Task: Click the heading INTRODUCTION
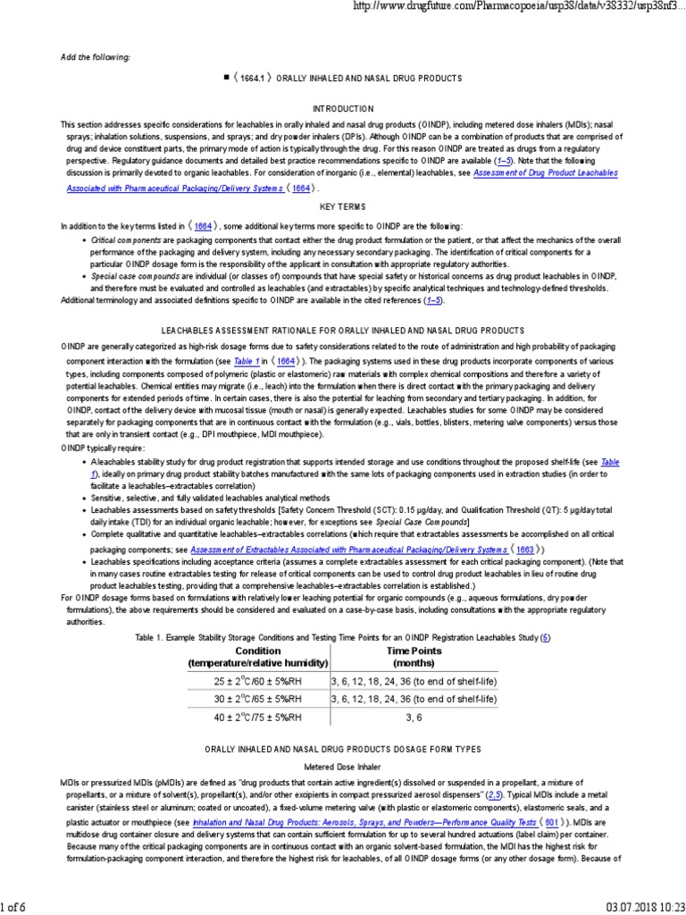tap(343, 106)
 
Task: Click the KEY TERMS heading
tap(343, 206)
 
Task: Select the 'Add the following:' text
tap(96, 57)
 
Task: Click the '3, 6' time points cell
tap(414, 717)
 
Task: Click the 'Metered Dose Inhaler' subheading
tap(343, 766)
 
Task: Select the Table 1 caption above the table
tap(343, 637)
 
